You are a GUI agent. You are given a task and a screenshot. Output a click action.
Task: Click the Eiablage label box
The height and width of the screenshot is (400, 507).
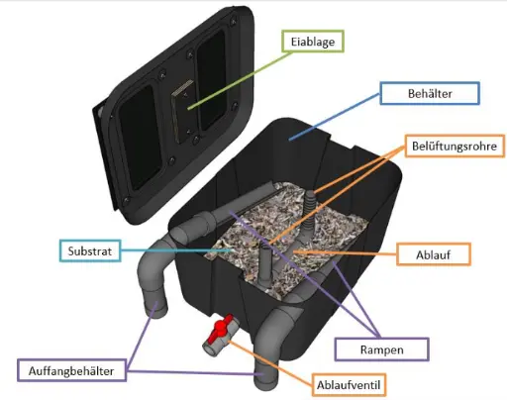313,42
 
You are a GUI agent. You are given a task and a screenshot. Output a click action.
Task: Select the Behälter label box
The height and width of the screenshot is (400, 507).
430,93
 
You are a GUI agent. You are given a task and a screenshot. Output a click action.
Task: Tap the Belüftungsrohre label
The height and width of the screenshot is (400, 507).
455,146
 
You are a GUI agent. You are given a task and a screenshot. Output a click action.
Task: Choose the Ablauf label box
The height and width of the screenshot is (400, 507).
434,254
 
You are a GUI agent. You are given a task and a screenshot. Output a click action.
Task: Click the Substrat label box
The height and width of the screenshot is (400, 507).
90,250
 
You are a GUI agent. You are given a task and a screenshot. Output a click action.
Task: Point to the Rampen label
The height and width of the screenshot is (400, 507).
381,350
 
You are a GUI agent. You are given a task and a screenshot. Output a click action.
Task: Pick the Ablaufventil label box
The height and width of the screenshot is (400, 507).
349,385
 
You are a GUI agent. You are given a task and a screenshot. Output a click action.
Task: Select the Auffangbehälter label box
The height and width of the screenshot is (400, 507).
71,370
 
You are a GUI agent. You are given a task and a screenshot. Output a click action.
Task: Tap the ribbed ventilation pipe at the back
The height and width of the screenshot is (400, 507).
309,211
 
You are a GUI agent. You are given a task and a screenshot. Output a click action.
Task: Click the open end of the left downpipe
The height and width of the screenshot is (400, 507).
156,310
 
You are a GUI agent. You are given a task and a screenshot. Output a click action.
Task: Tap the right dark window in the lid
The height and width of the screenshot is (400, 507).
211,81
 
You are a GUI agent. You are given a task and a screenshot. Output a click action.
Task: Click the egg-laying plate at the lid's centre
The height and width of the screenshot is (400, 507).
181,111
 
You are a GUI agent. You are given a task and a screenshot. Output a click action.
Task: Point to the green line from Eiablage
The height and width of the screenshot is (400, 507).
240,80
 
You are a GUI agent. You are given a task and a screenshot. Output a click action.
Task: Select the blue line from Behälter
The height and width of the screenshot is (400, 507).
334,117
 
